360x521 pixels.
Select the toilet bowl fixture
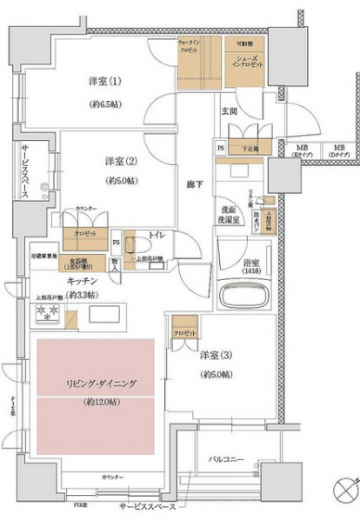pyautogui.click(x=137, y=245)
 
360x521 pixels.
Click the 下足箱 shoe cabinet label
pyautogui.click(x=247, y=150)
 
